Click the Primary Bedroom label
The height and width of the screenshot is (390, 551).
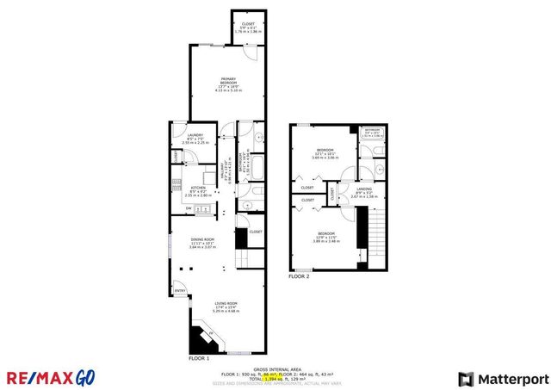pos(228,84)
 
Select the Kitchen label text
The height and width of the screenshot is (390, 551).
pos(198,191)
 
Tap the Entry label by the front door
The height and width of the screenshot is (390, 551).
pos(180,290)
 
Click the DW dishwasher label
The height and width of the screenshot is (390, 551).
pos(189,208)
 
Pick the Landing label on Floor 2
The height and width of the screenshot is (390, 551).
pos(364,192)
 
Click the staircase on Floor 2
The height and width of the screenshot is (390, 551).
pos(375,237)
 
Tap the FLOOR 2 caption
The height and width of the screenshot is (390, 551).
pos(299,277)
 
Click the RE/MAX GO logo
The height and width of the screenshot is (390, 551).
pos(49,378)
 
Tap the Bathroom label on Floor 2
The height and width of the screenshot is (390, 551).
pos(373,133)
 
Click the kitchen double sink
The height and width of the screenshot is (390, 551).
pos(205,209)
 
